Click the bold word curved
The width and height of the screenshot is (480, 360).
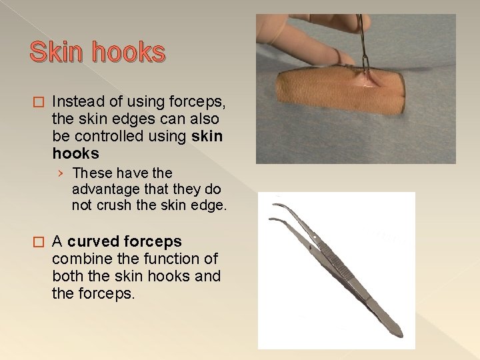click(x=94, y=241)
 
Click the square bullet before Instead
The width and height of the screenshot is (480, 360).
click(x=37, y=102)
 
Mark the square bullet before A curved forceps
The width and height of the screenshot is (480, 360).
click(x=37, y=241)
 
